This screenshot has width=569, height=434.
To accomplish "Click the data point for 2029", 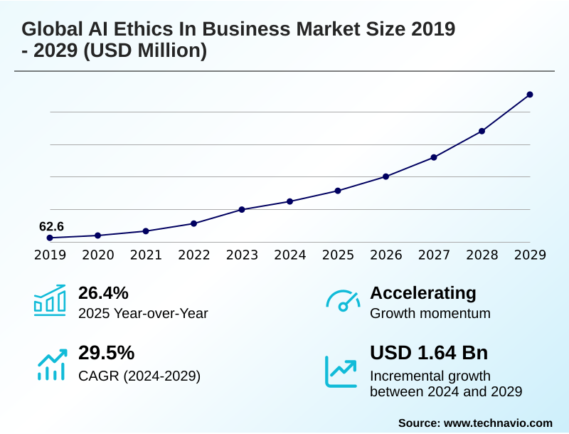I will click(x=530, y=95).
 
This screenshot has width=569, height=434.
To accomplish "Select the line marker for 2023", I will click(x=242, y=209).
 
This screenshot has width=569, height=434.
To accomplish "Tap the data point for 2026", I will click(x=385, y=176).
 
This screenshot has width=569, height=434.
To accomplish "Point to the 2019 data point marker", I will click(x=50, y=238).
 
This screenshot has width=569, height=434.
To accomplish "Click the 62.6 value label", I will click(x=51, y=226).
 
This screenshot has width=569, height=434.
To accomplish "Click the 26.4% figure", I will click(x=103, y=292).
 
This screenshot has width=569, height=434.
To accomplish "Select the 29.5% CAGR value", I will click(x=106, y=353).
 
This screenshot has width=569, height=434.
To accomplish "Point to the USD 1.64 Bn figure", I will click(x=429, y=353).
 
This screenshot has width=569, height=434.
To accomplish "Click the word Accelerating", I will click(x=423, y=292).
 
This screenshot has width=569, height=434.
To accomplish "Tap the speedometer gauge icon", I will click(x=342, y=301).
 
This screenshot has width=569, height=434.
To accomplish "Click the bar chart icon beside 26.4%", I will click(x=50, y=300).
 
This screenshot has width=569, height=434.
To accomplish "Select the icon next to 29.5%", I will click(x=50, y=364).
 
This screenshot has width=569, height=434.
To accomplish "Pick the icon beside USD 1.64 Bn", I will click(x=341, y=371).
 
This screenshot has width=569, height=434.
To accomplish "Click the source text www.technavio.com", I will click(x=498, y=423).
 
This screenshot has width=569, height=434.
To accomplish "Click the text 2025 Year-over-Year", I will click(x=143, y=313).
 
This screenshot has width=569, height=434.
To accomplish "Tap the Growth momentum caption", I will click(x=430, y=313).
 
